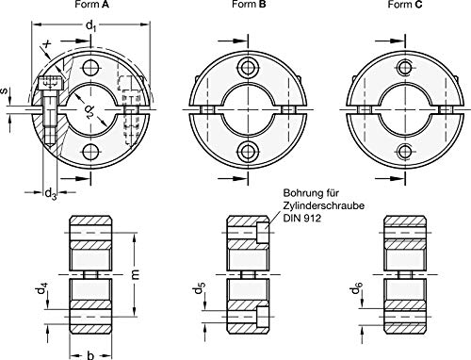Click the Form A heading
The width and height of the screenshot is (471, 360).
coord(91,5)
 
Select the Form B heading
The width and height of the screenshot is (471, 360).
coord(249,5)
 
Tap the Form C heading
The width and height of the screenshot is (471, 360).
coord(405,5)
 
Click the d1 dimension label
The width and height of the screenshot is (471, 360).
coord(90,26)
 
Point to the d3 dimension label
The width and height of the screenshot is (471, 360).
coord(51,193)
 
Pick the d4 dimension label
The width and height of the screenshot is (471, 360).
coord(42,289)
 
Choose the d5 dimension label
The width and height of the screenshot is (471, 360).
coord(200,288)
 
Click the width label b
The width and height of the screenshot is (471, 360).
coord(90,355)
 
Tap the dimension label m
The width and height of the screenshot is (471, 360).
coord(136,274)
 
